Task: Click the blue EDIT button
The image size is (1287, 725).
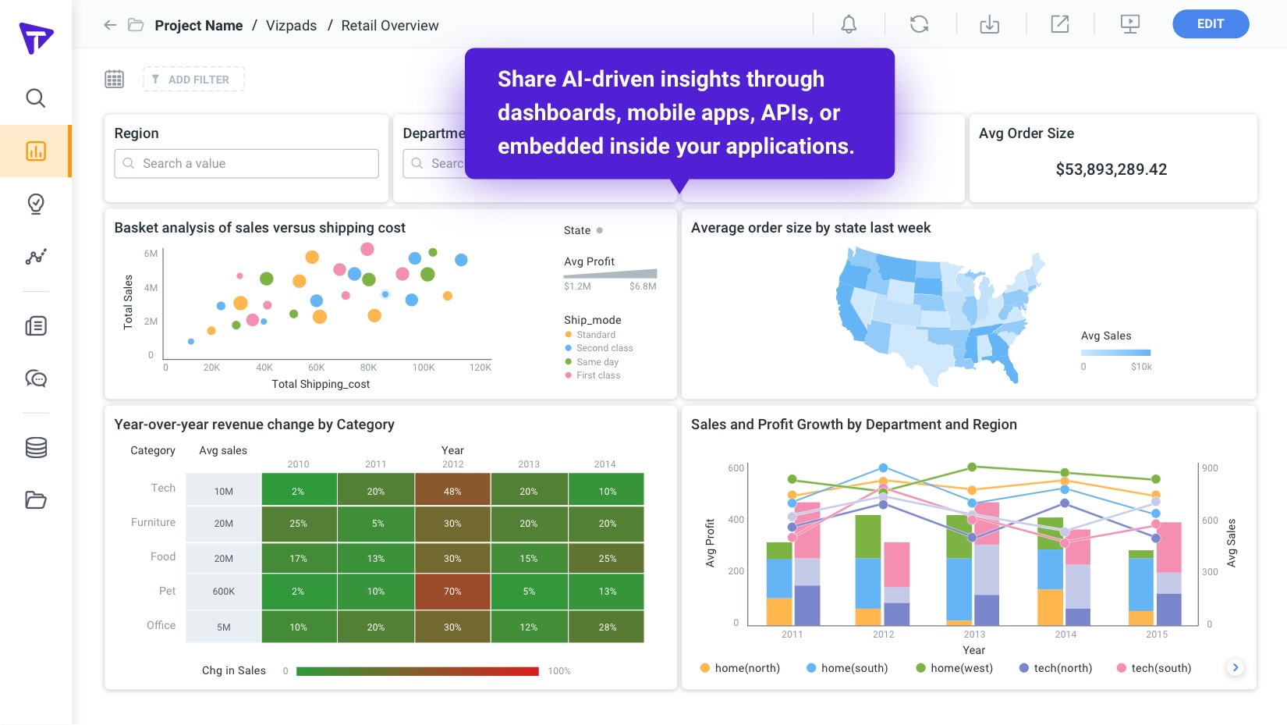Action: pyautogui.click(x=1210, y=24)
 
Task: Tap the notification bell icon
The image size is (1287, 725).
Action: pyautogui.click(x=849, y=24)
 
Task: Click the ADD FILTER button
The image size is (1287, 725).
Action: pyautogui.click(x=193, y=80)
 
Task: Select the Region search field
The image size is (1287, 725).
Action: pyautogui.click(x=246, y=164)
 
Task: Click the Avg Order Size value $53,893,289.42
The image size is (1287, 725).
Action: pyautogui.click(x=1111, y=169)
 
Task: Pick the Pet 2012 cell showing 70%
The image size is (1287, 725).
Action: pyautogui.click(x=452, y=592)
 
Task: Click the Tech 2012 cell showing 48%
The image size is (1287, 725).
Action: pyautogui.click(x=452, y=492)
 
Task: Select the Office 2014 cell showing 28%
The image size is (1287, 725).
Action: pyautogui.click(x=607, y=627)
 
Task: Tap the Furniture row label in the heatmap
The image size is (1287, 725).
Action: pyautogui.click(x=153, y=522)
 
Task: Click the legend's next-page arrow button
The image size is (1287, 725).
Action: pyautogui.click(x=1235, y=667)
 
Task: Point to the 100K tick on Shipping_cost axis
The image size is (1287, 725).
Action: pyautogui.click(x=424, y=368)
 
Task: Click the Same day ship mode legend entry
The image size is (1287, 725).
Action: pyautogui.click(x=597, y=362)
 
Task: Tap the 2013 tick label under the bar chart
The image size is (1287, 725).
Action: pyautogui.click(x=974, y=634)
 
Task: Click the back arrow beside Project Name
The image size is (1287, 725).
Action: pyautogui.click(x=110, y=25)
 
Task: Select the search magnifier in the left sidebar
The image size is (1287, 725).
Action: pyautogui.click(x=36, y=98)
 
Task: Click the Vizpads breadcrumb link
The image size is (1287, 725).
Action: pyautogui.click(x=291, y=26)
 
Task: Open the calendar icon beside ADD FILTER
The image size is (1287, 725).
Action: pyautogui.click(x=115, y=79)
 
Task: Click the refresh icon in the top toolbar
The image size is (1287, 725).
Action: pyautogui.click(x=919, y=24)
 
